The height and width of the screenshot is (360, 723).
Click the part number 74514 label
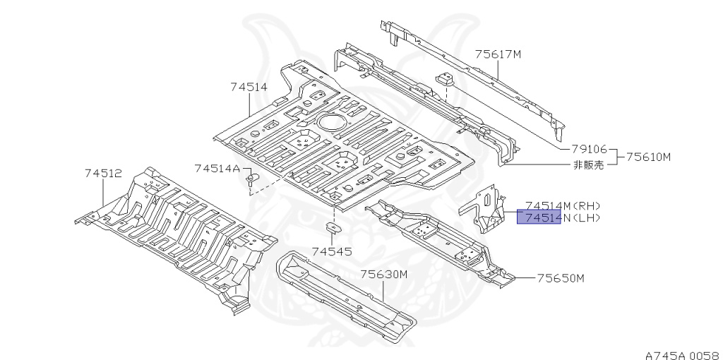point(249,88)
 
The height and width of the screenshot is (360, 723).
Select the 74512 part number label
point(104,172)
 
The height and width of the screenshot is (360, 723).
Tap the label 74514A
point(217,167)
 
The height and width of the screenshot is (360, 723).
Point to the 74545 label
point(331,251)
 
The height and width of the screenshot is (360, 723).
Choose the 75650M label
point(561,278)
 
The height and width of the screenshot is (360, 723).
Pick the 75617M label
point(498,54)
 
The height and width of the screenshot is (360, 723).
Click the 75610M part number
point(647,157)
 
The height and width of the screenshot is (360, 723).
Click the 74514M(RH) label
point(562,205)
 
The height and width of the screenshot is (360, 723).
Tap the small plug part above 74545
point(331,227)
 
